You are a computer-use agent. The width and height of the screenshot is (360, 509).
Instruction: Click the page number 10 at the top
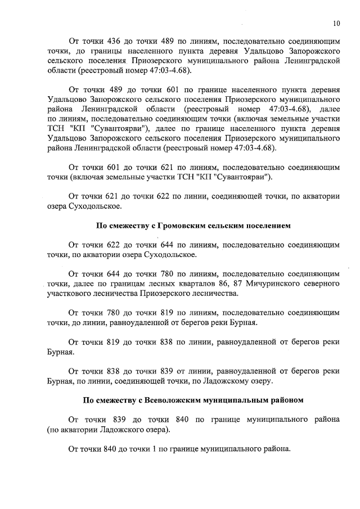pyautogui.click(x=336, y=24)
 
